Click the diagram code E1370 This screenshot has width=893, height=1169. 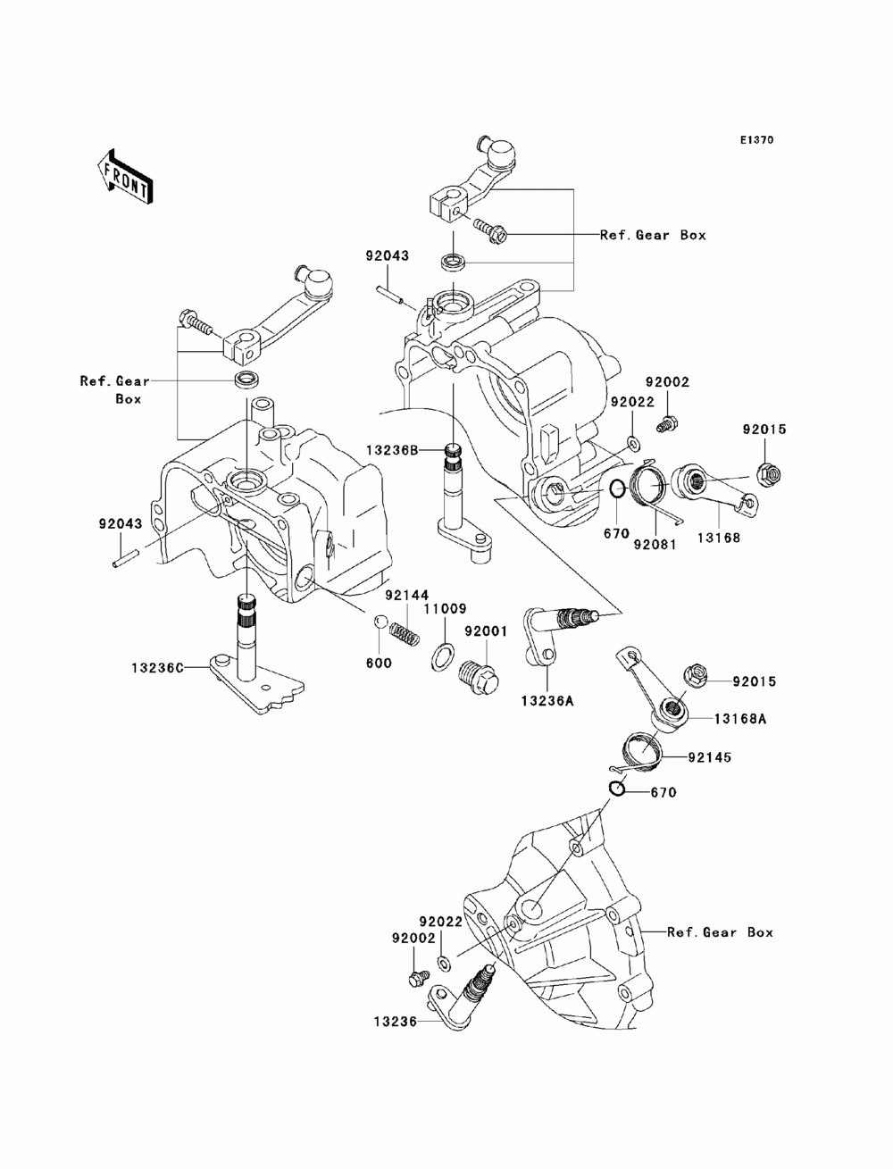tap(756, 140)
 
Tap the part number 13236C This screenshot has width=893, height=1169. tap(158, 667)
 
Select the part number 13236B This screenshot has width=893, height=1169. tap(391, 451)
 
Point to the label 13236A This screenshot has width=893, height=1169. tap(547, 701)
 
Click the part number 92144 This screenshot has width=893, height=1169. tap(407, 595)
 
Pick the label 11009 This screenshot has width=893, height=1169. tap(446, 609)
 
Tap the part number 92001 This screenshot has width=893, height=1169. tap(486, 631)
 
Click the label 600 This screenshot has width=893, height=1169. tap(379, 663)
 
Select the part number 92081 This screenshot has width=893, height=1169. tap(655, 545)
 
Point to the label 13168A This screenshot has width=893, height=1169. tap(740, 719)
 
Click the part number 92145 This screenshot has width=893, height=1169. tap(709, 756)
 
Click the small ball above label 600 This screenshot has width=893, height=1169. tap(379, 621)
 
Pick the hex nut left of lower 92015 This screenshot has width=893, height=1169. tap(696, 676)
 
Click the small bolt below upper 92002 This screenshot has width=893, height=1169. tap(667, 425)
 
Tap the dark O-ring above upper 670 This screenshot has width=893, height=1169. tap(617, 488)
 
